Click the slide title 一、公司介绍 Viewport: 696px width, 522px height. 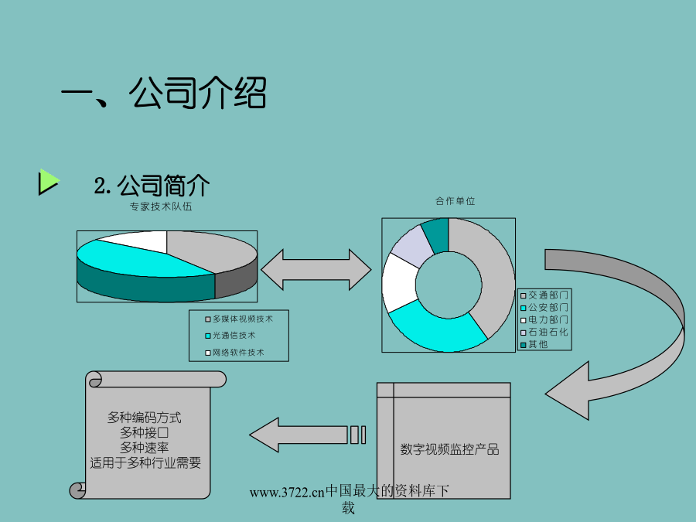pyautogui.click(x=164, y=94)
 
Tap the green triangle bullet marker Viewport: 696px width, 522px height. pyautogui.click(x=48, y=182)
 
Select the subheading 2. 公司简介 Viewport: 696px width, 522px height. pyautogui.click(x=152, y=186)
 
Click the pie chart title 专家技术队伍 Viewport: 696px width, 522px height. pyautogui.click(x=161, y=206)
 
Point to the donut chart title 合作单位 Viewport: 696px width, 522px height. pyautogui.click(x=455, y=201)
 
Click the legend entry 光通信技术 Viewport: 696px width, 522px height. pyautogui.click(x=234, y=336)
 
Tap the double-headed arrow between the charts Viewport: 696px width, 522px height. pyautogui.click(x=316, y=271)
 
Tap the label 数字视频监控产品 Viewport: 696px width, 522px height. pyautogui.click(x=449, y=449)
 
